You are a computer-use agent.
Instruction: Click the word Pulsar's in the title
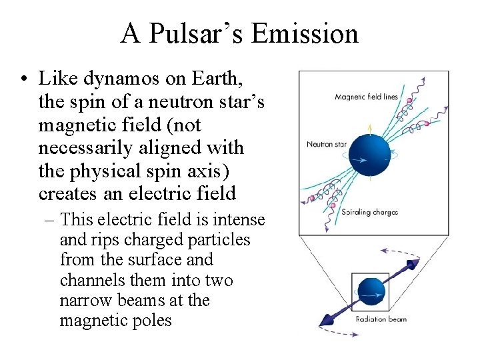pos(200,33)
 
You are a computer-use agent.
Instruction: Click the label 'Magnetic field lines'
pos(366,97)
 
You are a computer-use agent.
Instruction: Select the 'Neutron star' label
pos(325,143)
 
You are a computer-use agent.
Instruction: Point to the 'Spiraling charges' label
pos(369,213)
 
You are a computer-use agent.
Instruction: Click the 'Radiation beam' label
pos(381,319)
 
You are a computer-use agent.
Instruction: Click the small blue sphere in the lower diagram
pos(371,291)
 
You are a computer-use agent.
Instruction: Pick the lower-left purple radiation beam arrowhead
pos(327,319)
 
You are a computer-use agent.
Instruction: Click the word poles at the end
pos(151,321)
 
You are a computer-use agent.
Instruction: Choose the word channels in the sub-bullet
pos(90,280)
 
